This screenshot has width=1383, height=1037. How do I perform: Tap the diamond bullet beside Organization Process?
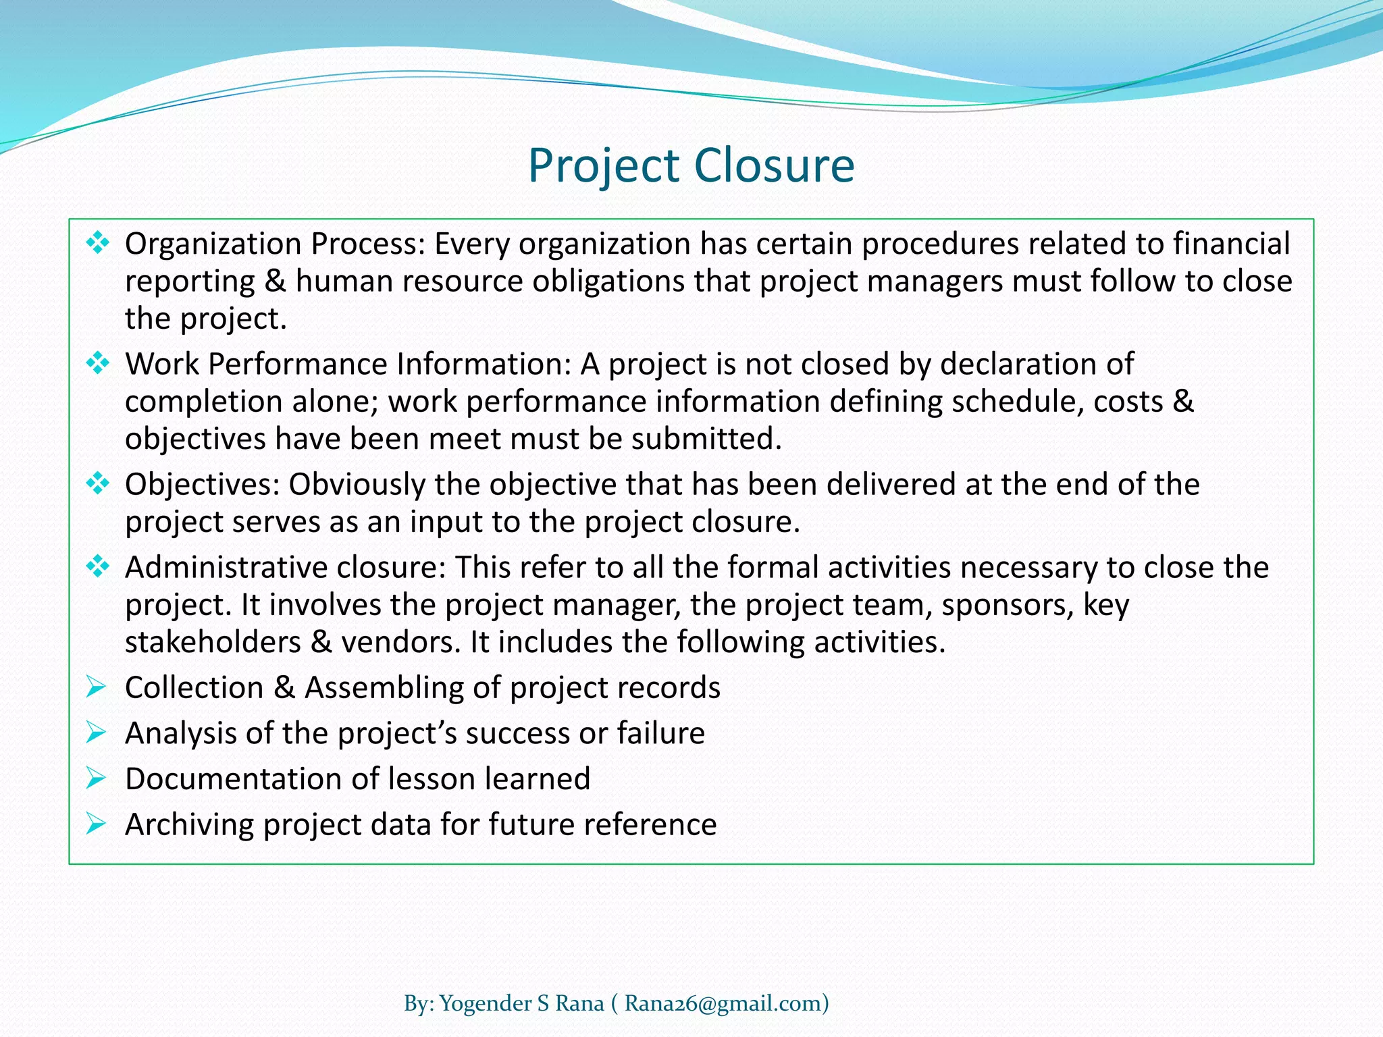[97, 242]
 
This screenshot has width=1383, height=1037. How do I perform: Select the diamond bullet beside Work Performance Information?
[97, 363]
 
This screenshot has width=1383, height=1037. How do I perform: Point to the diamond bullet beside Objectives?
[97, 483]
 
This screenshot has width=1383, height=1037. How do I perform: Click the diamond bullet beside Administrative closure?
[97, 566]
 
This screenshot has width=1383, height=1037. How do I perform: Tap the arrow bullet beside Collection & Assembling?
[96, 687]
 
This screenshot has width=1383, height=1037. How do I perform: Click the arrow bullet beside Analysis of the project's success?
[96, 733]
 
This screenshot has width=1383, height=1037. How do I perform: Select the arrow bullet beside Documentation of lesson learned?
[96, 778]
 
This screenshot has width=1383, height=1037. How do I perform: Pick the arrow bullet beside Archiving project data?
[96, 824]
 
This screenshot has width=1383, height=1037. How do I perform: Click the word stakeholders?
[213, 642]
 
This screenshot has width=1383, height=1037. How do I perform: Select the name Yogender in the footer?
[486, 1003]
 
